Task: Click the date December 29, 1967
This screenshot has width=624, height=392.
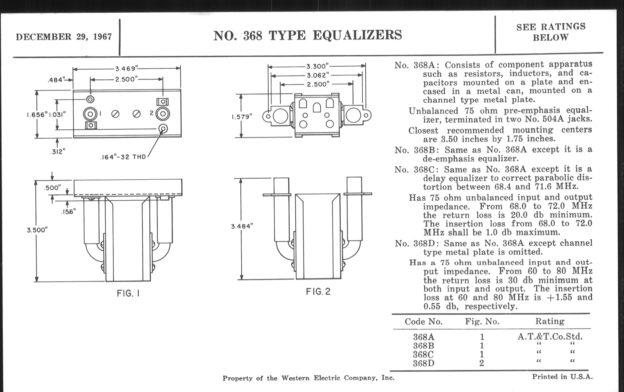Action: click(64, 37)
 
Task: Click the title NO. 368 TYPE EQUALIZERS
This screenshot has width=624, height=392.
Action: click(308, 35)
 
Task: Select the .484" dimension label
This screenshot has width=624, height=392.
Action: click(55, 80)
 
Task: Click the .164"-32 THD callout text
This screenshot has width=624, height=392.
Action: click(123, 157)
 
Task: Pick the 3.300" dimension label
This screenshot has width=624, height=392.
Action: click(317, 67)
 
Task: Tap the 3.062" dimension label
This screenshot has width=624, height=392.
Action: click(318, 75)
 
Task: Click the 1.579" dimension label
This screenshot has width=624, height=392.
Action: click(242, 117)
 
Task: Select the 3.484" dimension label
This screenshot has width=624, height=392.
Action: click(242, 226)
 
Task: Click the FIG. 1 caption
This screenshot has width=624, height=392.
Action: click(128, 293)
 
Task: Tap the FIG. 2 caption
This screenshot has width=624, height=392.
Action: click(318, 292)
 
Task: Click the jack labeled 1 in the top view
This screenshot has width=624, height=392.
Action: click(90, 114)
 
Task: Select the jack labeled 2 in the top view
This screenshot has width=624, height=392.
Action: click(163, 114)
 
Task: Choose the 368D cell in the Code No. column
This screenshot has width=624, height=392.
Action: click(423, 363)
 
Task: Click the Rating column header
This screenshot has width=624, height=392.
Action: click(550, 321)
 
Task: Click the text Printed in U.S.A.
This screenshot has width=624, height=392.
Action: click(562, 377)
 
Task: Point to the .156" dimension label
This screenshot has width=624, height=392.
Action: click(69, 212)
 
